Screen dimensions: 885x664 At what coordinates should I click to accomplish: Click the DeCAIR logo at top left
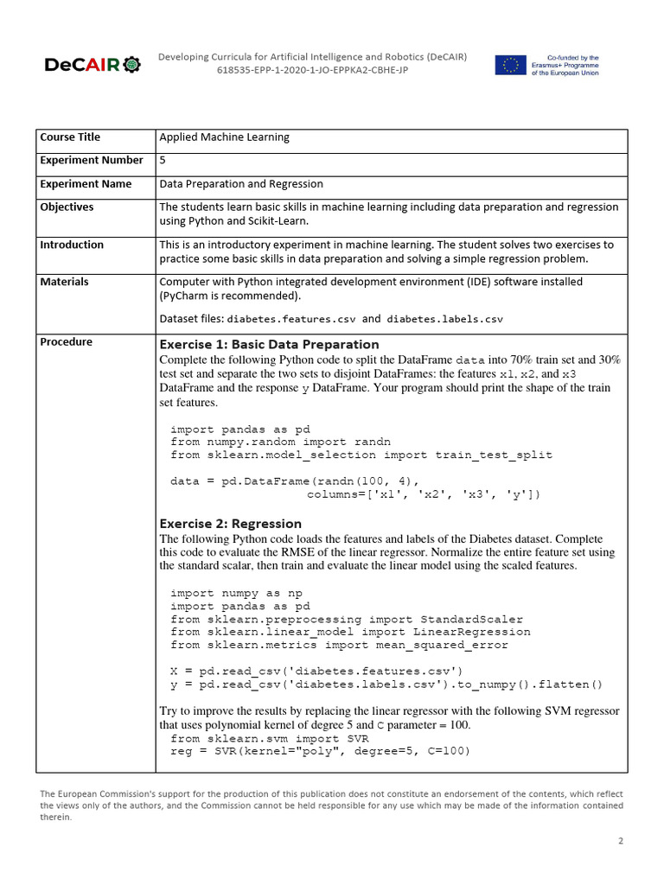coord(90,65)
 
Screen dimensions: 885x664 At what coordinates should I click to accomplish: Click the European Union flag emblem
coord(510,65)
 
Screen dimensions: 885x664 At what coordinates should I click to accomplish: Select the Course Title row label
coord(70,137)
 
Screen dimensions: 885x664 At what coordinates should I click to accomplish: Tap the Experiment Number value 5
coord(163,161)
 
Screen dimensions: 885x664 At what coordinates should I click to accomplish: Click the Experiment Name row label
coord(86,184)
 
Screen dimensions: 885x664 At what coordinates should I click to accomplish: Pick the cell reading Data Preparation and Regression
coord(241,184)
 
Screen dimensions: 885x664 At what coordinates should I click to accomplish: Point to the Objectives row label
coord(67,207)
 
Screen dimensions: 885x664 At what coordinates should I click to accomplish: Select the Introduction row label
coord(72,245)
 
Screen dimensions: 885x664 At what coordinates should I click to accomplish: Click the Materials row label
coord(64,282)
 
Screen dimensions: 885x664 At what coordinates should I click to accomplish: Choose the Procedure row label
coord(66,342)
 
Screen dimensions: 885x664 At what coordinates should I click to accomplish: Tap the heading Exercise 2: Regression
coord(231,524)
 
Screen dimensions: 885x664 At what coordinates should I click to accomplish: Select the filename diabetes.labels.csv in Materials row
coord(444,319)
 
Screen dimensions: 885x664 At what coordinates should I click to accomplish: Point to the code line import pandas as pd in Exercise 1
coord(239,430)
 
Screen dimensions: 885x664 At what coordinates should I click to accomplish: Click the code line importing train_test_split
coord(361,455)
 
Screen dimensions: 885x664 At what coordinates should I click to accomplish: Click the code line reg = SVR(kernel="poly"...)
coord(320,751)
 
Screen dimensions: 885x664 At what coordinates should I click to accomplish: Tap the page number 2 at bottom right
coord(620,840)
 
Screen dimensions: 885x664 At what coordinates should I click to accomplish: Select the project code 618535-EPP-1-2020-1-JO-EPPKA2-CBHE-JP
coord(312,70)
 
